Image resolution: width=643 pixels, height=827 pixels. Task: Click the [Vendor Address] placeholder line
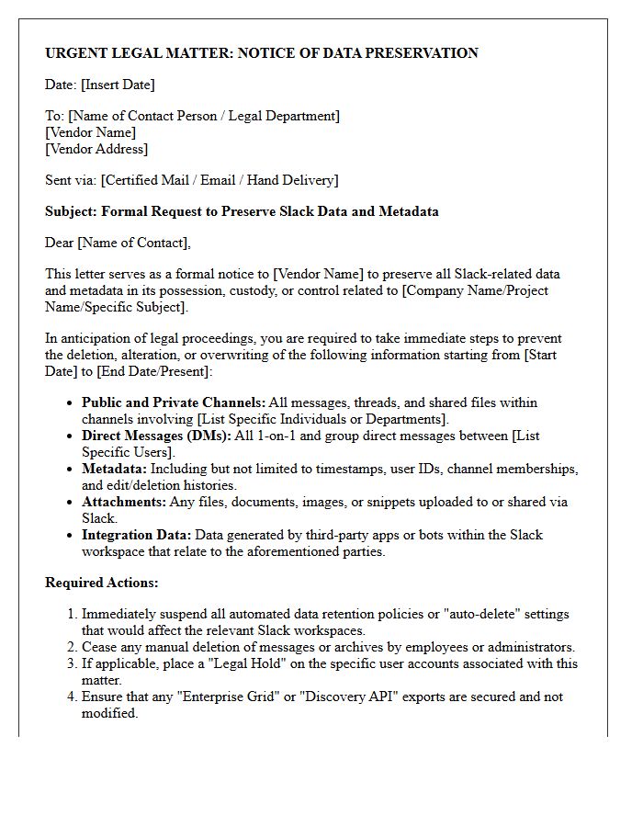[96, 149]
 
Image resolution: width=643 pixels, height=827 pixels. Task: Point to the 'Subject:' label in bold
[71, 211]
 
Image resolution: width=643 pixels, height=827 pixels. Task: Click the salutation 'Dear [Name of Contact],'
[118, 243]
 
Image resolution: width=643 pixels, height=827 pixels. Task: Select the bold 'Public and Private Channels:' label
[173, 402]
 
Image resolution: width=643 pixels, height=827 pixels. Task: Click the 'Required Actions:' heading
[101, 583]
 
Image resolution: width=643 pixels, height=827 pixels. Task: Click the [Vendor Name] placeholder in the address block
[91, 132]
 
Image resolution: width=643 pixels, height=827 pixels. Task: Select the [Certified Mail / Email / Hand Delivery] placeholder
[220, 180]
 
